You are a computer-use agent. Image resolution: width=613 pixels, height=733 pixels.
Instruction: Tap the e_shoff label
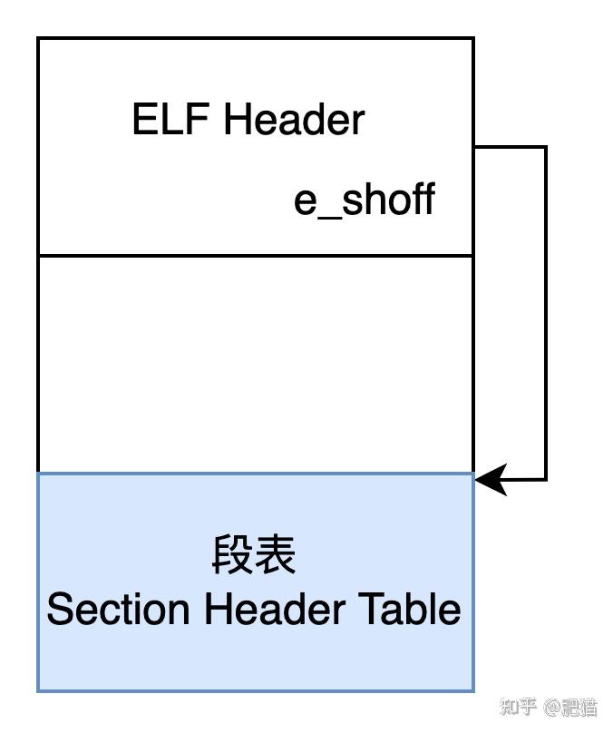click(364, 200)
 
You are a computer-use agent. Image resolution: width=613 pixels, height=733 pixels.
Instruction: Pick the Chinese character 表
click(276, 555)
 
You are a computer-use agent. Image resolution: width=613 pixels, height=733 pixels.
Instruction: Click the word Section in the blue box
click(120, 609)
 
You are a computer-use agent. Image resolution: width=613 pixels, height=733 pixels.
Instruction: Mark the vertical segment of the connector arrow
click(545, 313)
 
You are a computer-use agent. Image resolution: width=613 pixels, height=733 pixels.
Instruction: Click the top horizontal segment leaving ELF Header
click(510, 147)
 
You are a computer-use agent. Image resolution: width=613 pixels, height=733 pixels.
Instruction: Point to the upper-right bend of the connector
click(545, 147)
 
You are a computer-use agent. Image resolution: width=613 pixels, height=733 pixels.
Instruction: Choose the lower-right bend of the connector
click(545, 479)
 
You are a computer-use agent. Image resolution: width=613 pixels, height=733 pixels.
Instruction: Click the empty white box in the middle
click(256, 364)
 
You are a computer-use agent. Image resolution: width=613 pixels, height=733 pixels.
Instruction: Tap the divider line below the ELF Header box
click(256, 256)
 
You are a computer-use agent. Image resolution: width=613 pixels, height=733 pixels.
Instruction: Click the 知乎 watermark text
click(519, 707)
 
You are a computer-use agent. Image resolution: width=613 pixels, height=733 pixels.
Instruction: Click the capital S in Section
click(60, 609)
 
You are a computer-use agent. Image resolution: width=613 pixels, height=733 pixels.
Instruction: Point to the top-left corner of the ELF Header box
click(38, 38)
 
